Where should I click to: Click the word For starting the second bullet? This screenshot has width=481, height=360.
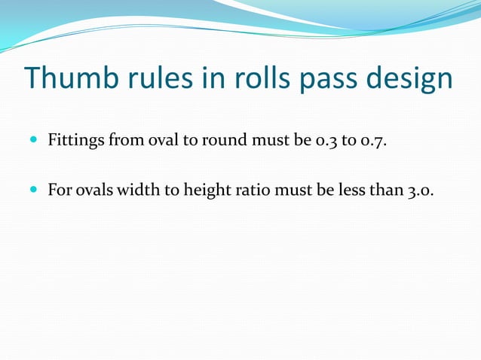pos(60,188)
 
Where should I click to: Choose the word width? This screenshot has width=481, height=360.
pos(142,188)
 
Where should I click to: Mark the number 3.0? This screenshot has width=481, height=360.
pos(421,188)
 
